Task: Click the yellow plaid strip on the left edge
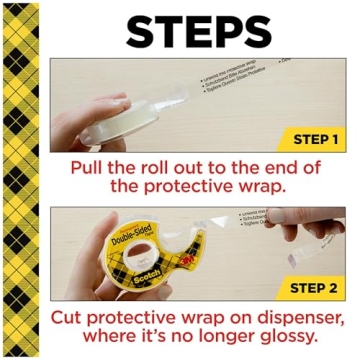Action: (21, 180)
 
